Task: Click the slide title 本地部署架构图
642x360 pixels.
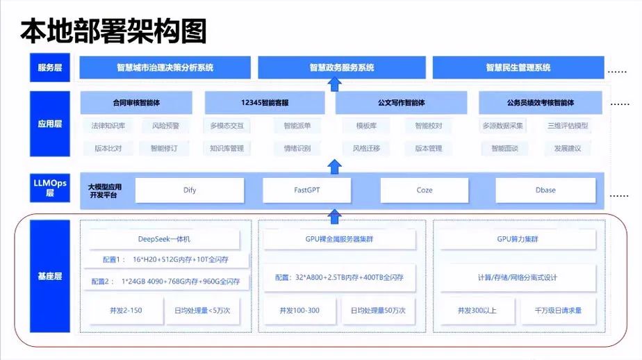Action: [113, 31]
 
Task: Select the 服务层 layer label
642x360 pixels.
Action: [50, 67]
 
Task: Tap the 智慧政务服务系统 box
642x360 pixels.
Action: [342, 67]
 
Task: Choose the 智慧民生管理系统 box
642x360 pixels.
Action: [518, 67]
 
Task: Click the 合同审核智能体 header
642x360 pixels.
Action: [136, 103]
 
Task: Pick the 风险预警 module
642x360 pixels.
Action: [165, 126]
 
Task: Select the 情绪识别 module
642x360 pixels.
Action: [297, 148]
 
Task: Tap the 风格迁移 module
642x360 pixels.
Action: [365, 148]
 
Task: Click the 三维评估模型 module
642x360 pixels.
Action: [568, 126]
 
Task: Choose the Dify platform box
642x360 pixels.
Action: [190, 190]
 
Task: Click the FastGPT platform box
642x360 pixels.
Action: [306, 190]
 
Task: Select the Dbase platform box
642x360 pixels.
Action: [545, 190]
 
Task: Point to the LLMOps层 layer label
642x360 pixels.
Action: [50, 188]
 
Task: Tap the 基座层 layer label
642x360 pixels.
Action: [50, 276]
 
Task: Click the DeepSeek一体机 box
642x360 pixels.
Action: [165, 239]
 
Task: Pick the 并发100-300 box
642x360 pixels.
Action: [299, 310]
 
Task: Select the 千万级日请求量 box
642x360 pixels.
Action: [558, 310]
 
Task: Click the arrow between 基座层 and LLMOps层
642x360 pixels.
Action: [335, 216]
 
